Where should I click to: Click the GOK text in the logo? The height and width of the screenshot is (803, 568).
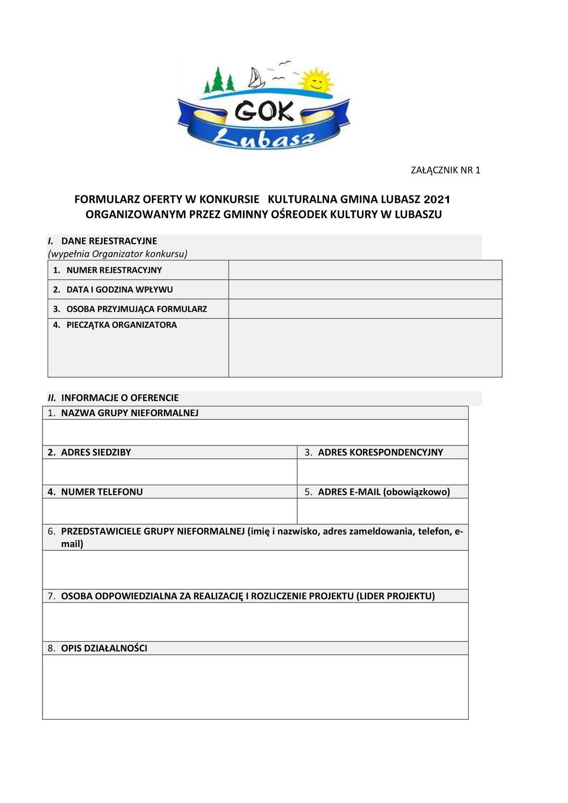point(264,111)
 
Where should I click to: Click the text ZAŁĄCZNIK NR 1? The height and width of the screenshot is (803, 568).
point(445,170)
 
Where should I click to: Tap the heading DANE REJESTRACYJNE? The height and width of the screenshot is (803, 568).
point(109,241)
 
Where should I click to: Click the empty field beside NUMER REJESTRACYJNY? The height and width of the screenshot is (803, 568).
point(365,270)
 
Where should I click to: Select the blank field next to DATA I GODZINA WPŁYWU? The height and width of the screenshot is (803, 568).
point(365,289)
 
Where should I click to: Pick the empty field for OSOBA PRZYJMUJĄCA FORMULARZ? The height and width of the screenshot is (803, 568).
point(365,309)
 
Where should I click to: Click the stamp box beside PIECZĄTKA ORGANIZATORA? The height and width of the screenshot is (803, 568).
point(365,347)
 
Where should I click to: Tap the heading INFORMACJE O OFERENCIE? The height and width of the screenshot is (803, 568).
point(120,397)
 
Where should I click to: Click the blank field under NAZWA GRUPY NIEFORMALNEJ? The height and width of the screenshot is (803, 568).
point(255,432)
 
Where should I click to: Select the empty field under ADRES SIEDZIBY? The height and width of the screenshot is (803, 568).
point(169,472)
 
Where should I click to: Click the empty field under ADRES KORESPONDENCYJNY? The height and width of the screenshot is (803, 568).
point(382,472)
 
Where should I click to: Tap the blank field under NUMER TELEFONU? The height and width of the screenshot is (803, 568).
point(169,511)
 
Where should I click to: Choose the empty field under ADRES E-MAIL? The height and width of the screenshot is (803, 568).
point(382,511)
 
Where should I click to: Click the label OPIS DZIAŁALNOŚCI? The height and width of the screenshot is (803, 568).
point(104,648)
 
